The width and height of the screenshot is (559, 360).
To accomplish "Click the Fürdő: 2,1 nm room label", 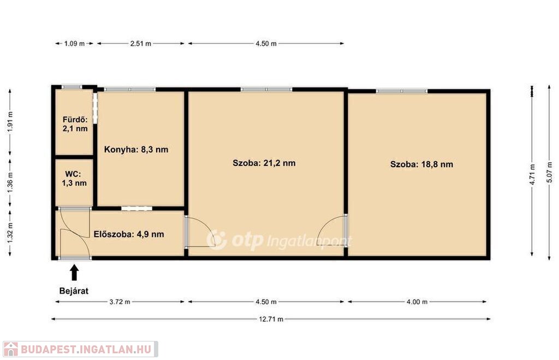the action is (x=75, y=124).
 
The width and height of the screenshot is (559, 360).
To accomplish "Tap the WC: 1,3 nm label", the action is (x=74, y=179).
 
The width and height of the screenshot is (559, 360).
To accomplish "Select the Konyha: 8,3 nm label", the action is (x=136, y=149).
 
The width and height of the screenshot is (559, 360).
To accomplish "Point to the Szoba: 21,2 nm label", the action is (x=264, y=163).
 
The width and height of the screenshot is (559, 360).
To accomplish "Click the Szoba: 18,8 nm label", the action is (x=421, y=164).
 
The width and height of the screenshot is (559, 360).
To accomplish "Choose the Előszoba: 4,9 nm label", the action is (x=129, y=234).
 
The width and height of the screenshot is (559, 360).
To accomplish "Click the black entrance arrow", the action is (x=74, y=272).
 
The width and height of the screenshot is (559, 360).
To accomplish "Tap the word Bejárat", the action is (x=74, y=291).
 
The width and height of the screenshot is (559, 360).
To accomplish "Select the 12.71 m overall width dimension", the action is (x=271, y=319).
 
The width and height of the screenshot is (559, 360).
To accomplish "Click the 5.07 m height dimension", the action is (x=549, y=172).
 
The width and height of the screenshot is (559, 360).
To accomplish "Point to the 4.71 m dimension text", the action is (x=532, y=174).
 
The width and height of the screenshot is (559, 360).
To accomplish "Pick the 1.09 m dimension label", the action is (x=74, y=44).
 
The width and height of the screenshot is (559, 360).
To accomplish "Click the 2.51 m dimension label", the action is (x=140, y=44).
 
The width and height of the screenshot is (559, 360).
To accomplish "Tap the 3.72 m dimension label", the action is (x=120, y=302).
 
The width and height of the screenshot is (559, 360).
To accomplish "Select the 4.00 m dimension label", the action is (x=417, y=302).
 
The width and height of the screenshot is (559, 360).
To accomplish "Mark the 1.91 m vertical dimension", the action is (x=10, y=122).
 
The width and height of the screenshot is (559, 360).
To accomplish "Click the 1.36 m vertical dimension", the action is (x=10, y=182).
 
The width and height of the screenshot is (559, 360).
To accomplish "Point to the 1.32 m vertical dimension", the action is (x=10, y=233).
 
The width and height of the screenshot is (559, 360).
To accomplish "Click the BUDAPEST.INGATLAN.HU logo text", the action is (x=86, y=349).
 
